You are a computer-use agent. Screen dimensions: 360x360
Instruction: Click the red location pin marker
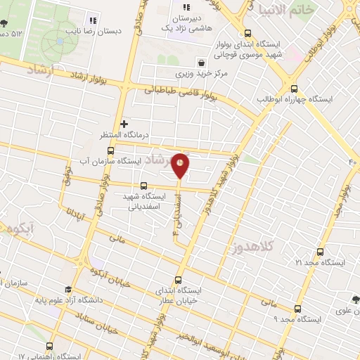(x=181, y=165)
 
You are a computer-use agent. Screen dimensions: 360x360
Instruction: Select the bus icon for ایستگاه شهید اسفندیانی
(x=143, y=186)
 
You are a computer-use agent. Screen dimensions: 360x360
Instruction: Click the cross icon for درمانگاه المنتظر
(x=124, y=124)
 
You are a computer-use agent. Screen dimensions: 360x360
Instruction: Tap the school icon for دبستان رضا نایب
(x=93, y=20)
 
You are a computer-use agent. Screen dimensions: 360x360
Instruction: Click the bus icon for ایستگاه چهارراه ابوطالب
(x=294, y=89)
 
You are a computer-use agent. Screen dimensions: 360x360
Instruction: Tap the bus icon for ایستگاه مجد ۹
(x=297, y=308)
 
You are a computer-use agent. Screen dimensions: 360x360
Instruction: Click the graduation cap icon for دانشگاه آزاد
(x=68, y=290)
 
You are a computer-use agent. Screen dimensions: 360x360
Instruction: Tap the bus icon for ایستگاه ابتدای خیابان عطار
(x=178, y=279)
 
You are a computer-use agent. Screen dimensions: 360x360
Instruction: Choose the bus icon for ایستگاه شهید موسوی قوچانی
(x=247, y=33)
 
